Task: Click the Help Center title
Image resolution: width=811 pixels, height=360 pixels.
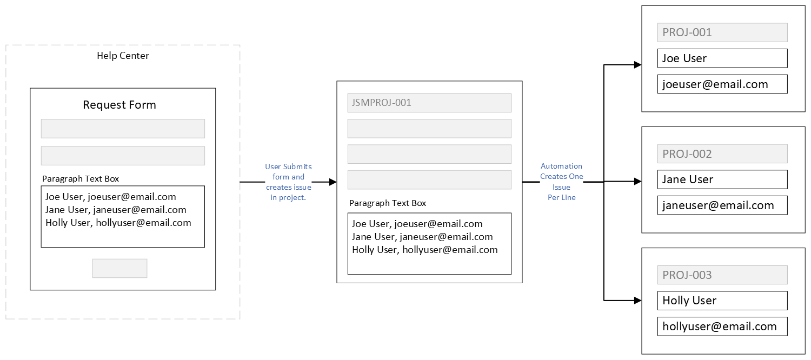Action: [x=123, y=56]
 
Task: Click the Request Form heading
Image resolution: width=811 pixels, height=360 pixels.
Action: [x=119, y=105]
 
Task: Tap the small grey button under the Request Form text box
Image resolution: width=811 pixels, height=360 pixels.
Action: [x=120, y=269]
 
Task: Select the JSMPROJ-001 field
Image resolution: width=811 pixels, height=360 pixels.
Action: [x=429, y=103]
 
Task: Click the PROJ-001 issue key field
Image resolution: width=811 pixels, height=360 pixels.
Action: [x=722, y=32]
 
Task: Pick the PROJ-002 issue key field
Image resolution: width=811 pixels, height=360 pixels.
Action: [x=722, y=154]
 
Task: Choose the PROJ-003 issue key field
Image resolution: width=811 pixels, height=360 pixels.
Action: [x=722, y=275]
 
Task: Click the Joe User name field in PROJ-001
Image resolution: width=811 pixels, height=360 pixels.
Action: [x=722, y=58]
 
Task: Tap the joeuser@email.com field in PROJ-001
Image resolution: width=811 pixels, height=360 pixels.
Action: [x=722, y=84]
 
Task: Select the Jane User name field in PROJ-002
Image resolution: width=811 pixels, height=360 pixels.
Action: [x=722, y=179]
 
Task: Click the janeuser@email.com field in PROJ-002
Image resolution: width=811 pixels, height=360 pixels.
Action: [x=722, y=205]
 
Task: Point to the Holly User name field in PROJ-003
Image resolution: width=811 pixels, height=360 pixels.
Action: [x=722, y=301]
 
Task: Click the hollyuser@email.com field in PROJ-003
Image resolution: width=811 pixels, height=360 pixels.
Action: [x=722, y=326]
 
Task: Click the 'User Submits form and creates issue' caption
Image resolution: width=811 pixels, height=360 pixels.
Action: [x=289, y=182]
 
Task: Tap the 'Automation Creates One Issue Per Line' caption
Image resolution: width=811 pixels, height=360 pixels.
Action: [x=562, y=182]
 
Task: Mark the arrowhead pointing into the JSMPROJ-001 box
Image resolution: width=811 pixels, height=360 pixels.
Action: [x=333, y=182]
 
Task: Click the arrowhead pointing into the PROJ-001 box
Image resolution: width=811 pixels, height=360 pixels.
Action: [x=638, y=65]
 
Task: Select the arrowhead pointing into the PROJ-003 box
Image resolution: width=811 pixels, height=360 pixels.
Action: [x=638, y=301]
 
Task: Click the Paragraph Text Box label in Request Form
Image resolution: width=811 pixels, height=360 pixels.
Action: [x=81, y=179]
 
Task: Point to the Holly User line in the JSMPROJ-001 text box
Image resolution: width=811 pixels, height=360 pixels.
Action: [x=424, y=250]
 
